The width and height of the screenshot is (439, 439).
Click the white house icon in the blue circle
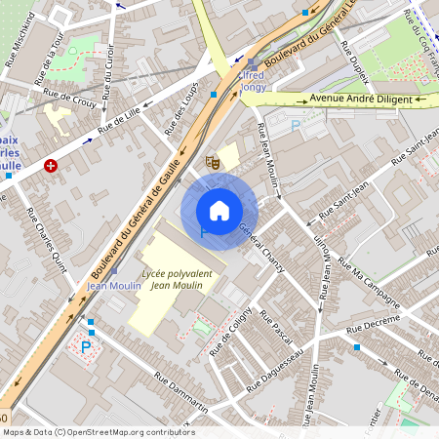[219, 211]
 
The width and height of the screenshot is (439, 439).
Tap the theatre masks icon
[211, 161]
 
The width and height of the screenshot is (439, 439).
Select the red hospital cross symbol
[51, 167]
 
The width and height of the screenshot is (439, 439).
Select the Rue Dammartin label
[180, 390]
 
